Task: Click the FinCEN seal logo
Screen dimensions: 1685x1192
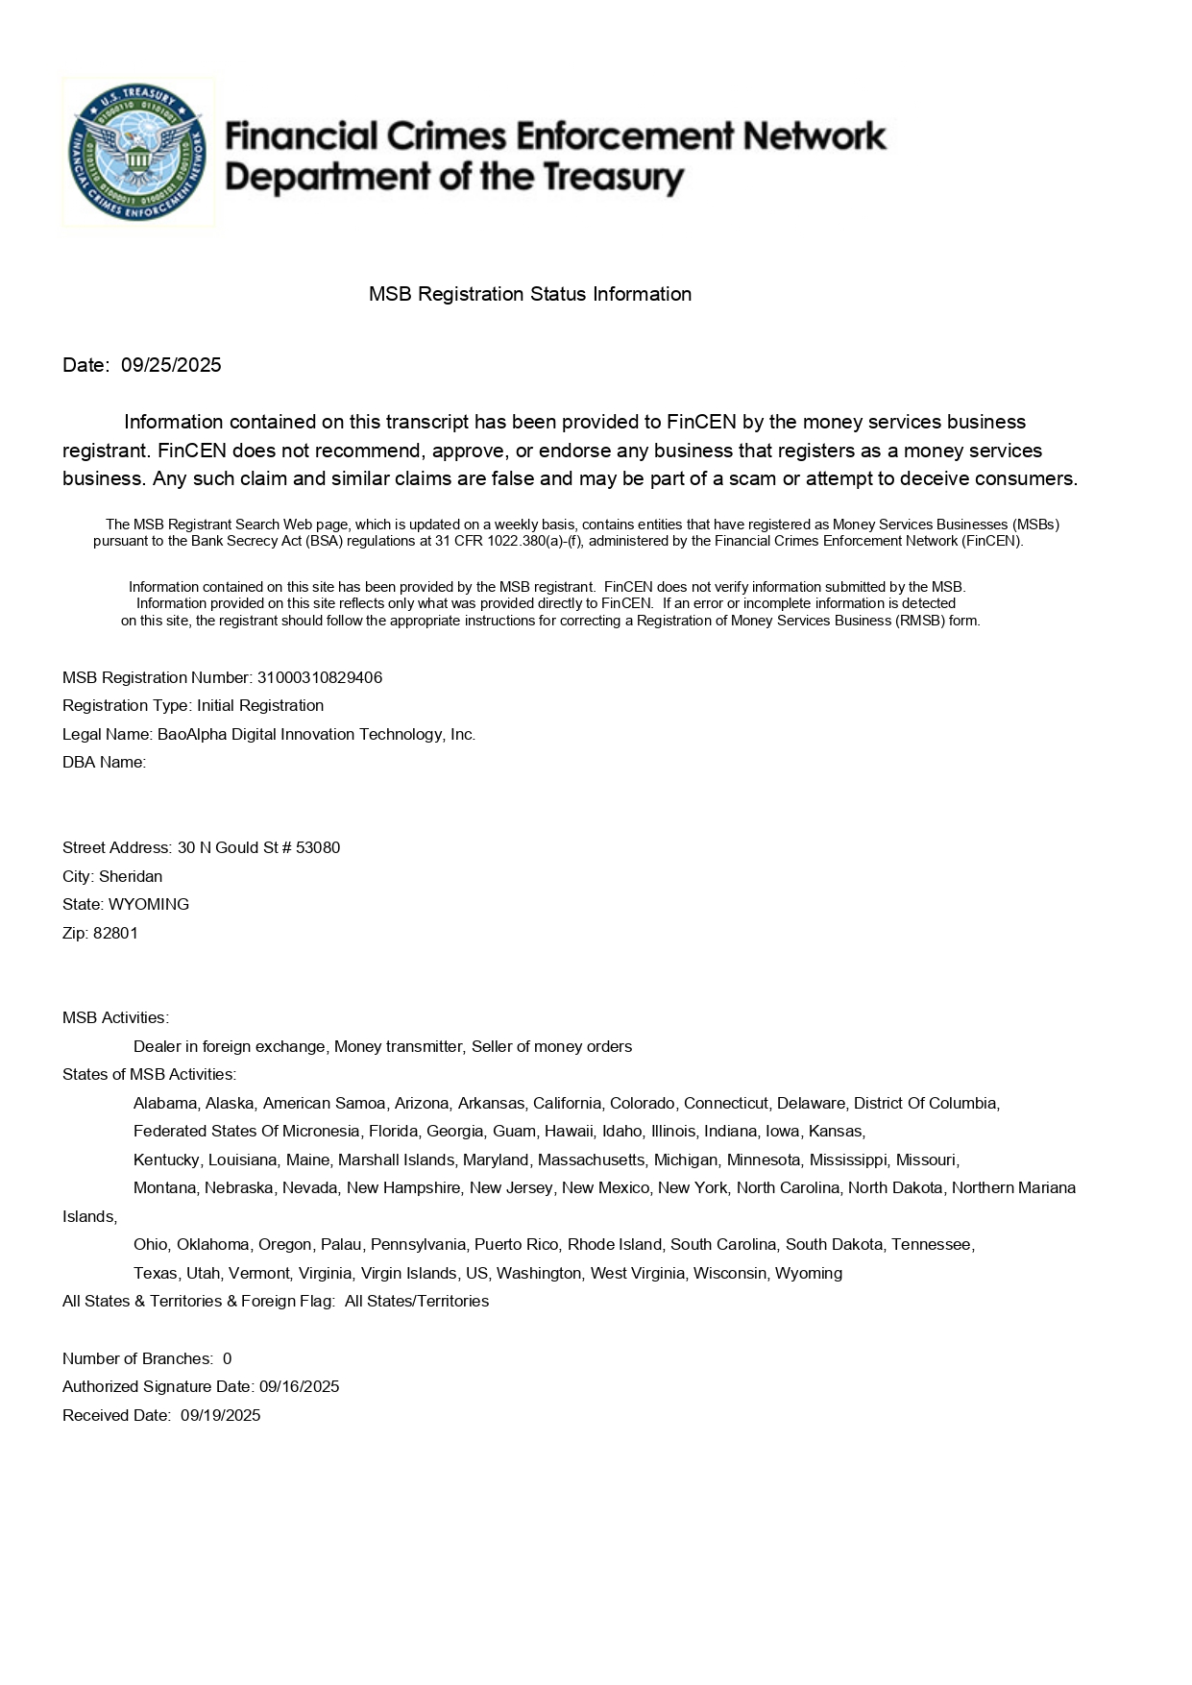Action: tap(137, 153)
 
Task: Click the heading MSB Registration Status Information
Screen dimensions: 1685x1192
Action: tap(529, 294)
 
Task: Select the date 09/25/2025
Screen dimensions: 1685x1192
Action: tap(171, 365)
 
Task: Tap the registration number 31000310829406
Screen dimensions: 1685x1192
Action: tap(319, 677)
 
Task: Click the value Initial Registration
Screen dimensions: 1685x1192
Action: tap(260, 705)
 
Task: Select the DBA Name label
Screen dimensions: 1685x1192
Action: tap(104, 762)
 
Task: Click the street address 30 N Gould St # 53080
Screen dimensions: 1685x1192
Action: tap(258, 847)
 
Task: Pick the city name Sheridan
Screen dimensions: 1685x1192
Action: tap(131, 876)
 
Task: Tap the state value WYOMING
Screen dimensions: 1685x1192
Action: tap(149, 904)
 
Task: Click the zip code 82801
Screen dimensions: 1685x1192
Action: tap(115, 933)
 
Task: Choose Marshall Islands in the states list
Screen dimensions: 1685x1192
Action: tap(396, 1160)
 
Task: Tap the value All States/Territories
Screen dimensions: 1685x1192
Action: tap(416, 1301)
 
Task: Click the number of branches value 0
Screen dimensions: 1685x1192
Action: tap(227, 1358)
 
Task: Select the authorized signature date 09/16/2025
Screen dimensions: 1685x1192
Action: tap(299, 1386)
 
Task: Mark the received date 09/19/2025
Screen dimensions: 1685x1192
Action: tap(220, 1415)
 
